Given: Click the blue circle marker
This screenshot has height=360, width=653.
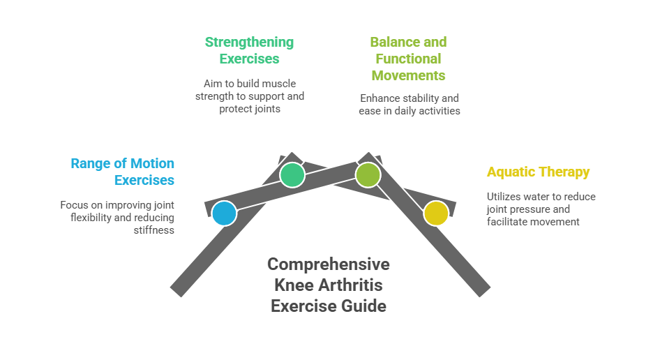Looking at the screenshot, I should pyautogui.click(x=224, y=213).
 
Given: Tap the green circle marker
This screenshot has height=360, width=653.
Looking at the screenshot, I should pyautogui.click(x=292, y=174).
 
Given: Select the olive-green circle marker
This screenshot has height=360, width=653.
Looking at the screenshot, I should pyautogui.click(x=368, y=174).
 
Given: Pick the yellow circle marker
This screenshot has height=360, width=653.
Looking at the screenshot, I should pyautogui.click(x=436, y=213).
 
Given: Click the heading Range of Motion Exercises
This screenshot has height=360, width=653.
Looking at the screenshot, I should pyautogui.click(x=123, y=172).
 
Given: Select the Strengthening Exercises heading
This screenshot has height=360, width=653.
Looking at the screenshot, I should pyautogui.click(x=249, y=50).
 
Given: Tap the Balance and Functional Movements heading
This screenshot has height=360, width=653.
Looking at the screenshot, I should pyautogui.click(x=408, y=59).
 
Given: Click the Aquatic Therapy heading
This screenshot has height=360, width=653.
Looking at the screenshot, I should pyautogui.click(x=538, y=172).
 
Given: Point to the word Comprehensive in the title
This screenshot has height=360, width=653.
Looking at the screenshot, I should pyautogui.click(x=328, y=264).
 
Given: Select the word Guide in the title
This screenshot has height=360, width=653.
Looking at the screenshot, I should pyautogui.click(x=360, y=306).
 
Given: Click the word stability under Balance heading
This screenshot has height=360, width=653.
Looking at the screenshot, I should pyautogui.click(x=421, y=98).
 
